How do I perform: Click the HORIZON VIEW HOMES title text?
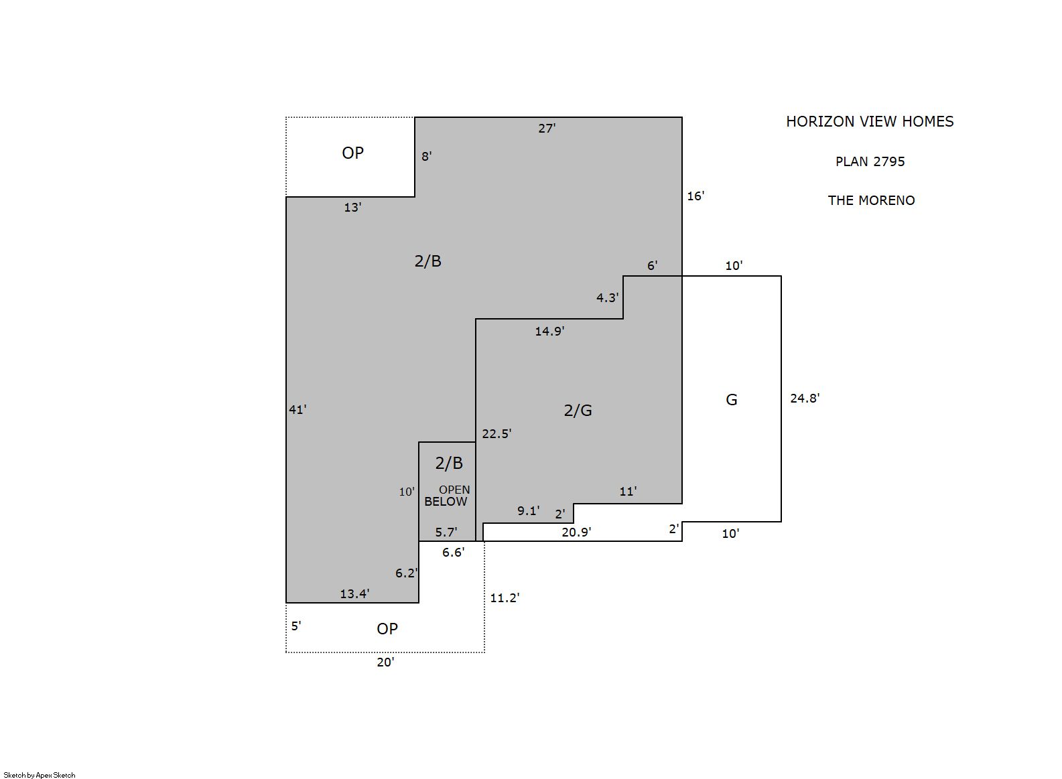pos(870,122)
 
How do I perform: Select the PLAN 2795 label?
pos(870,161)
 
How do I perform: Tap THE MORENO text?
pos(872,200)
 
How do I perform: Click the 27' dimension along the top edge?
pos(547,129)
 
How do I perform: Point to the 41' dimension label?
pos(297,409)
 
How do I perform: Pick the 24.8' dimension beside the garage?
pos(805,398)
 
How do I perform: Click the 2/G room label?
pos(578,410)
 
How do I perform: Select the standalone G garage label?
pos(732,400)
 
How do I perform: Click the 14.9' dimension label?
pos(549,331)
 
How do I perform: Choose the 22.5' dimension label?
pos(496,433)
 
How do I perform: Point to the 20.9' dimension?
pos(576,532)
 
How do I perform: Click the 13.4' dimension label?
pos(354,593)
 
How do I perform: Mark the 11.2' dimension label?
pos(505,598)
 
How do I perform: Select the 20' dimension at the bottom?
pos(385,662)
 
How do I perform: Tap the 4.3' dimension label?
pos(607,297)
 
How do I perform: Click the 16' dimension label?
pos(695,196)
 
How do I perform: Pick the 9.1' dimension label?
pos(528,511)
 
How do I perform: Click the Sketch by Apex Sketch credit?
pos(40,775)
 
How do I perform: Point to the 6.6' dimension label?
pos(453,553)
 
